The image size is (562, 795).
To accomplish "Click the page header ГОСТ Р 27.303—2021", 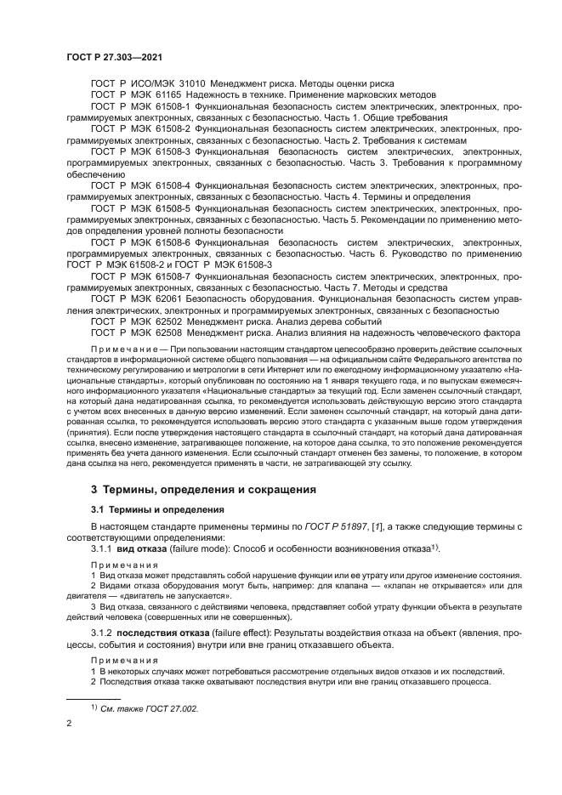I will pos(115,55).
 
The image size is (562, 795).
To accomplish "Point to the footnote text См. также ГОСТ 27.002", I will pos(149,707).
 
